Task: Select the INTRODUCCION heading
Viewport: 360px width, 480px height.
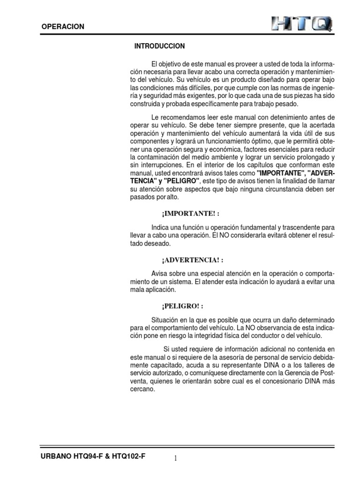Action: tap(159, 46)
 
